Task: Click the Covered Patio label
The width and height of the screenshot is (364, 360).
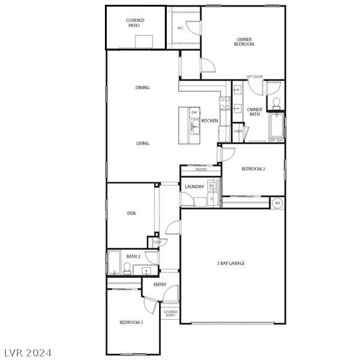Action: pos(135,23)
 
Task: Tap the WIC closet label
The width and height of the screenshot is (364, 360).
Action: pos(180,28)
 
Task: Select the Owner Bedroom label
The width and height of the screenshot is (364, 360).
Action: pos(244,41)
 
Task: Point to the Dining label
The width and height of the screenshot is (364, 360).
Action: pos(142,88)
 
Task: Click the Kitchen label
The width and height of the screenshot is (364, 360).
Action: pos(210,121)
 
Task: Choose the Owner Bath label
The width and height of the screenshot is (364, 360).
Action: pos(254,112)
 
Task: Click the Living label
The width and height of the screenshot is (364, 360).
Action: pos(142,143)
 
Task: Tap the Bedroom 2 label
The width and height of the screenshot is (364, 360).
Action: pos(253,169)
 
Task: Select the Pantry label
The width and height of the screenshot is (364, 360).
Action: pos(201,170)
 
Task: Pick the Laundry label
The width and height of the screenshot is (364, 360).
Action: pos(194,187)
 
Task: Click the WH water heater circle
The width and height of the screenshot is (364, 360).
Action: pos(277,203)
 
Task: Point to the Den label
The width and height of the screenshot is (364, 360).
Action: pos(131,213)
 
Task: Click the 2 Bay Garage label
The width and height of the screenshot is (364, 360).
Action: pos(231,263)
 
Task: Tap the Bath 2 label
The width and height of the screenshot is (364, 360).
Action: pos(133,256)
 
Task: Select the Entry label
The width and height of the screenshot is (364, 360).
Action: pos(160,284)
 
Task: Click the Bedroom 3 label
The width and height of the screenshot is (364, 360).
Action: pos(131,323)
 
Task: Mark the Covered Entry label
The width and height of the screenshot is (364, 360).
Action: pos(170,313)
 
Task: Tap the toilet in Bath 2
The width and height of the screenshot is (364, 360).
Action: pos(128,268)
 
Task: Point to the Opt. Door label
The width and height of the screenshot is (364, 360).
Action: pos(255,77)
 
